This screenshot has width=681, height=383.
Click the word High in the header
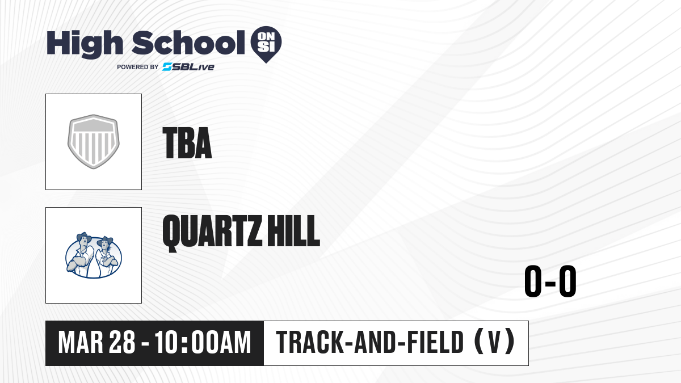85,44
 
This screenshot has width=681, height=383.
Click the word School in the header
188,43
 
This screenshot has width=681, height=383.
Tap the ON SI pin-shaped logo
266,44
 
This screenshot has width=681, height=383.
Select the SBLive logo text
188,67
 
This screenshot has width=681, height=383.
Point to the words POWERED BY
138,67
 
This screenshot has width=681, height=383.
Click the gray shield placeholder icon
94,142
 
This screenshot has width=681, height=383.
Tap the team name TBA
187,143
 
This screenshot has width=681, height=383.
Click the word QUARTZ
212,233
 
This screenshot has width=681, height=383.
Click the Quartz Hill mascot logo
94,255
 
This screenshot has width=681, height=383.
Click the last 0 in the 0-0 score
567,281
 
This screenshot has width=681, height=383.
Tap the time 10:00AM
203,343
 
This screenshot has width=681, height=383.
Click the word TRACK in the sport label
310,343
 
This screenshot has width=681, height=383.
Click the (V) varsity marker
495,342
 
